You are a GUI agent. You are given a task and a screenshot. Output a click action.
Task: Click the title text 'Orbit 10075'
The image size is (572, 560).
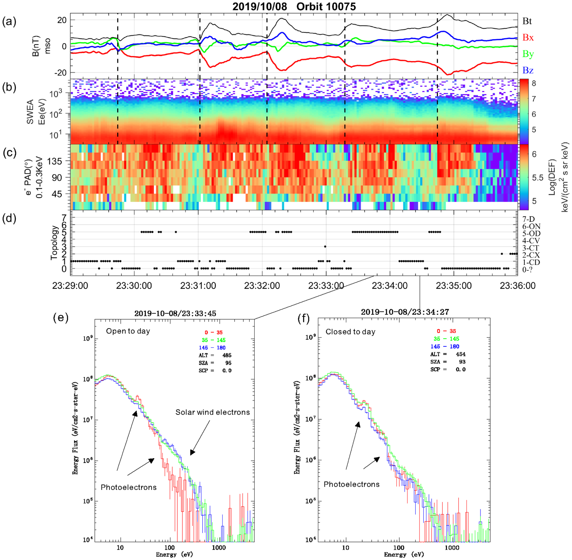click(x=326, y=6)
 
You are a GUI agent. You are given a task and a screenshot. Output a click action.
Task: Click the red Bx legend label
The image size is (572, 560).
click(x=528, y=38)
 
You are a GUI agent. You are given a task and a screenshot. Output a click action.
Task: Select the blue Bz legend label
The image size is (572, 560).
click(x=528, y=70)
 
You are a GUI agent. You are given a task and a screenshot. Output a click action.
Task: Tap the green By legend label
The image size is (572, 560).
click(x=528, y=54)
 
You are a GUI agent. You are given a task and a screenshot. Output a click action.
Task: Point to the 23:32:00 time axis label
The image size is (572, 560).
click(x=262, y=286)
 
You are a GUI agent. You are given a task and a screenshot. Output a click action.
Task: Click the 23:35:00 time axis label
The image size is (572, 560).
click(x=453, y=286)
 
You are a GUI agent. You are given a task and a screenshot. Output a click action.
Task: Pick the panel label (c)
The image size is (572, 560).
click(x=9, y=153)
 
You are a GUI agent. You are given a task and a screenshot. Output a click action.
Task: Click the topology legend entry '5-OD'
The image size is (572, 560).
click(x=531, y=233)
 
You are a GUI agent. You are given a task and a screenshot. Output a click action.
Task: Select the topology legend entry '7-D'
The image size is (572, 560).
click(x=528, y=219)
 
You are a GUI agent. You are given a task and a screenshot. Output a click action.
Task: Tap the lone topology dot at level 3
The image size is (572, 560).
click(x=325, y=247)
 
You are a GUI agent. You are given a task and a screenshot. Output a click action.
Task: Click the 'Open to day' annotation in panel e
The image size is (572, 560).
click(x=128, y=331)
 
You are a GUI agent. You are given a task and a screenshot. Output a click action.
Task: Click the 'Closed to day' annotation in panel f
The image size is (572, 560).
click(x=350, y=332)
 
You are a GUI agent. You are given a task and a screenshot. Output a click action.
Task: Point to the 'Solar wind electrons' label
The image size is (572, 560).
click(x=212, y=412)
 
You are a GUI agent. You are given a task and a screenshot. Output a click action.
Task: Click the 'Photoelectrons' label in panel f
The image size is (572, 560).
click(x=351, y=484)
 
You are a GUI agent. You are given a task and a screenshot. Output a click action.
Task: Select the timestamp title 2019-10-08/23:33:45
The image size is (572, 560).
click(x=175, y=313)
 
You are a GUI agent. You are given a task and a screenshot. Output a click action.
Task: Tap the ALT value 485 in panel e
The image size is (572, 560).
click(x=227, y=355)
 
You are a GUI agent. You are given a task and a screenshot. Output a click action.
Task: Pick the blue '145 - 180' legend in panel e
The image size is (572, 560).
click(x=212, y=348)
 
